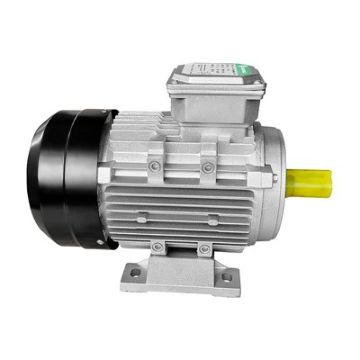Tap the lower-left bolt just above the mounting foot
(x=157, y=246)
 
